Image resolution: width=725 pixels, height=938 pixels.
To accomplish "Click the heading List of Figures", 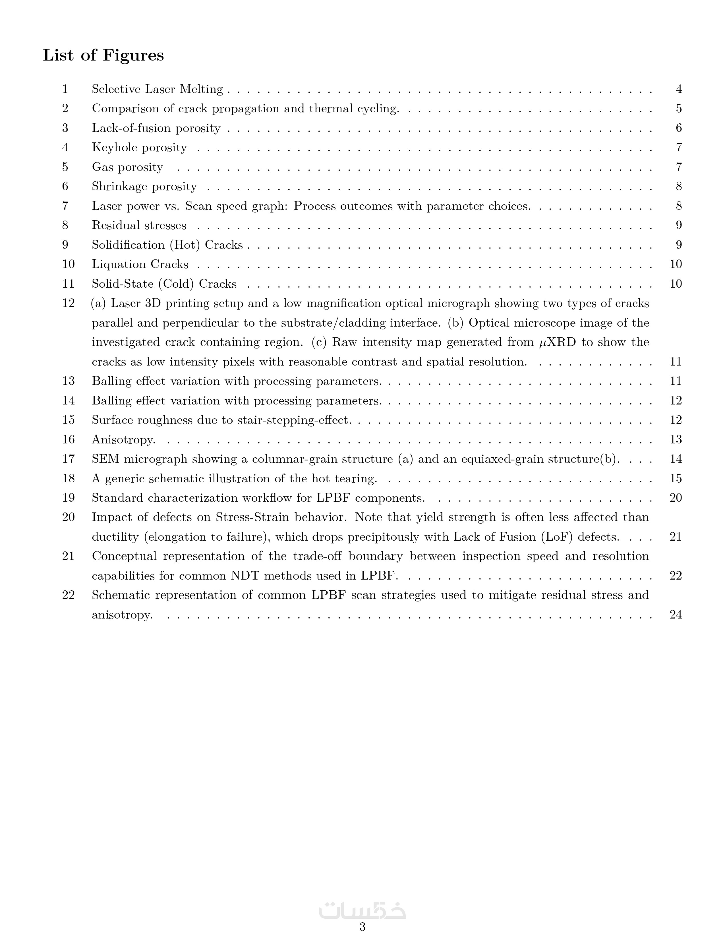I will [103, 55].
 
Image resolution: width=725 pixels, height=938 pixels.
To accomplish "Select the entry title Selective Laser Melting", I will [157, 89].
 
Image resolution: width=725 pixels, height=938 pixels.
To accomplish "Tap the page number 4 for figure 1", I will [679, 89].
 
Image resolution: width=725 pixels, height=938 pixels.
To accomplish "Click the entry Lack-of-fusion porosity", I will [156, 128].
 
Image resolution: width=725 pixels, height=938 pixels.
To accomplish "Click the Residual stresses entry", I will [139, 225].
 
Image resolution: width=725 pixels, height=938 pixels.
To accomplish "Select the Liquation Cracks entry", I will [140, 264].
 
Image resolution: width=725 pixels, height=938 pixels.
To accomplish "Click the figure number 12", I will [68, 303].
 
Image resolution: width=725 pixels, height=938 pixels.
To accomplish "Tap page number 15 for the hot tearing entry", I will [676, 478].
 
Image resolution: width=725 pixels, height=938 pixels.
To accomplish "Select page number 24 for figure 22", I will [676, 615].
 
